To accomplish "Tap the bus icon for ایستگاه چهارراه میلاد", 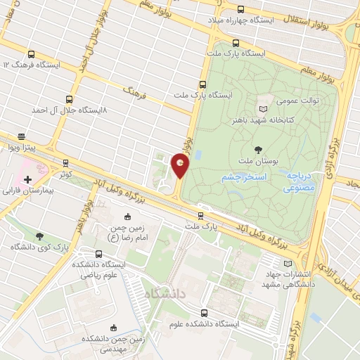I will pyautogui.click(x=241, y=10).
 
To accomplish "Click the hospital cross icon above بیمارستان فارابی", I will pyautogui.click(x=27, y=180).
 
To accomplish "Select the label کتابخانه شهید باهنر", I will pyautogui.click(x=264, y=120).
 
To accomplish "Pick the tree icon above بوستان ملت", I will pyautogui.click(x=259, y=148).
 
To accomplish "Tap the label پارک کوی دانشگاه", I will pyautogui.click(x=39, y=247).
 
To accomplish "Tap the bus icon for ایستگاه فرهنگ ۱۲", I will pyautogui.click(x=31, y=53).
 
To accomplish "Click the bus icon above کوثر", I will pyautogui.click(x=65, y=162).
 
